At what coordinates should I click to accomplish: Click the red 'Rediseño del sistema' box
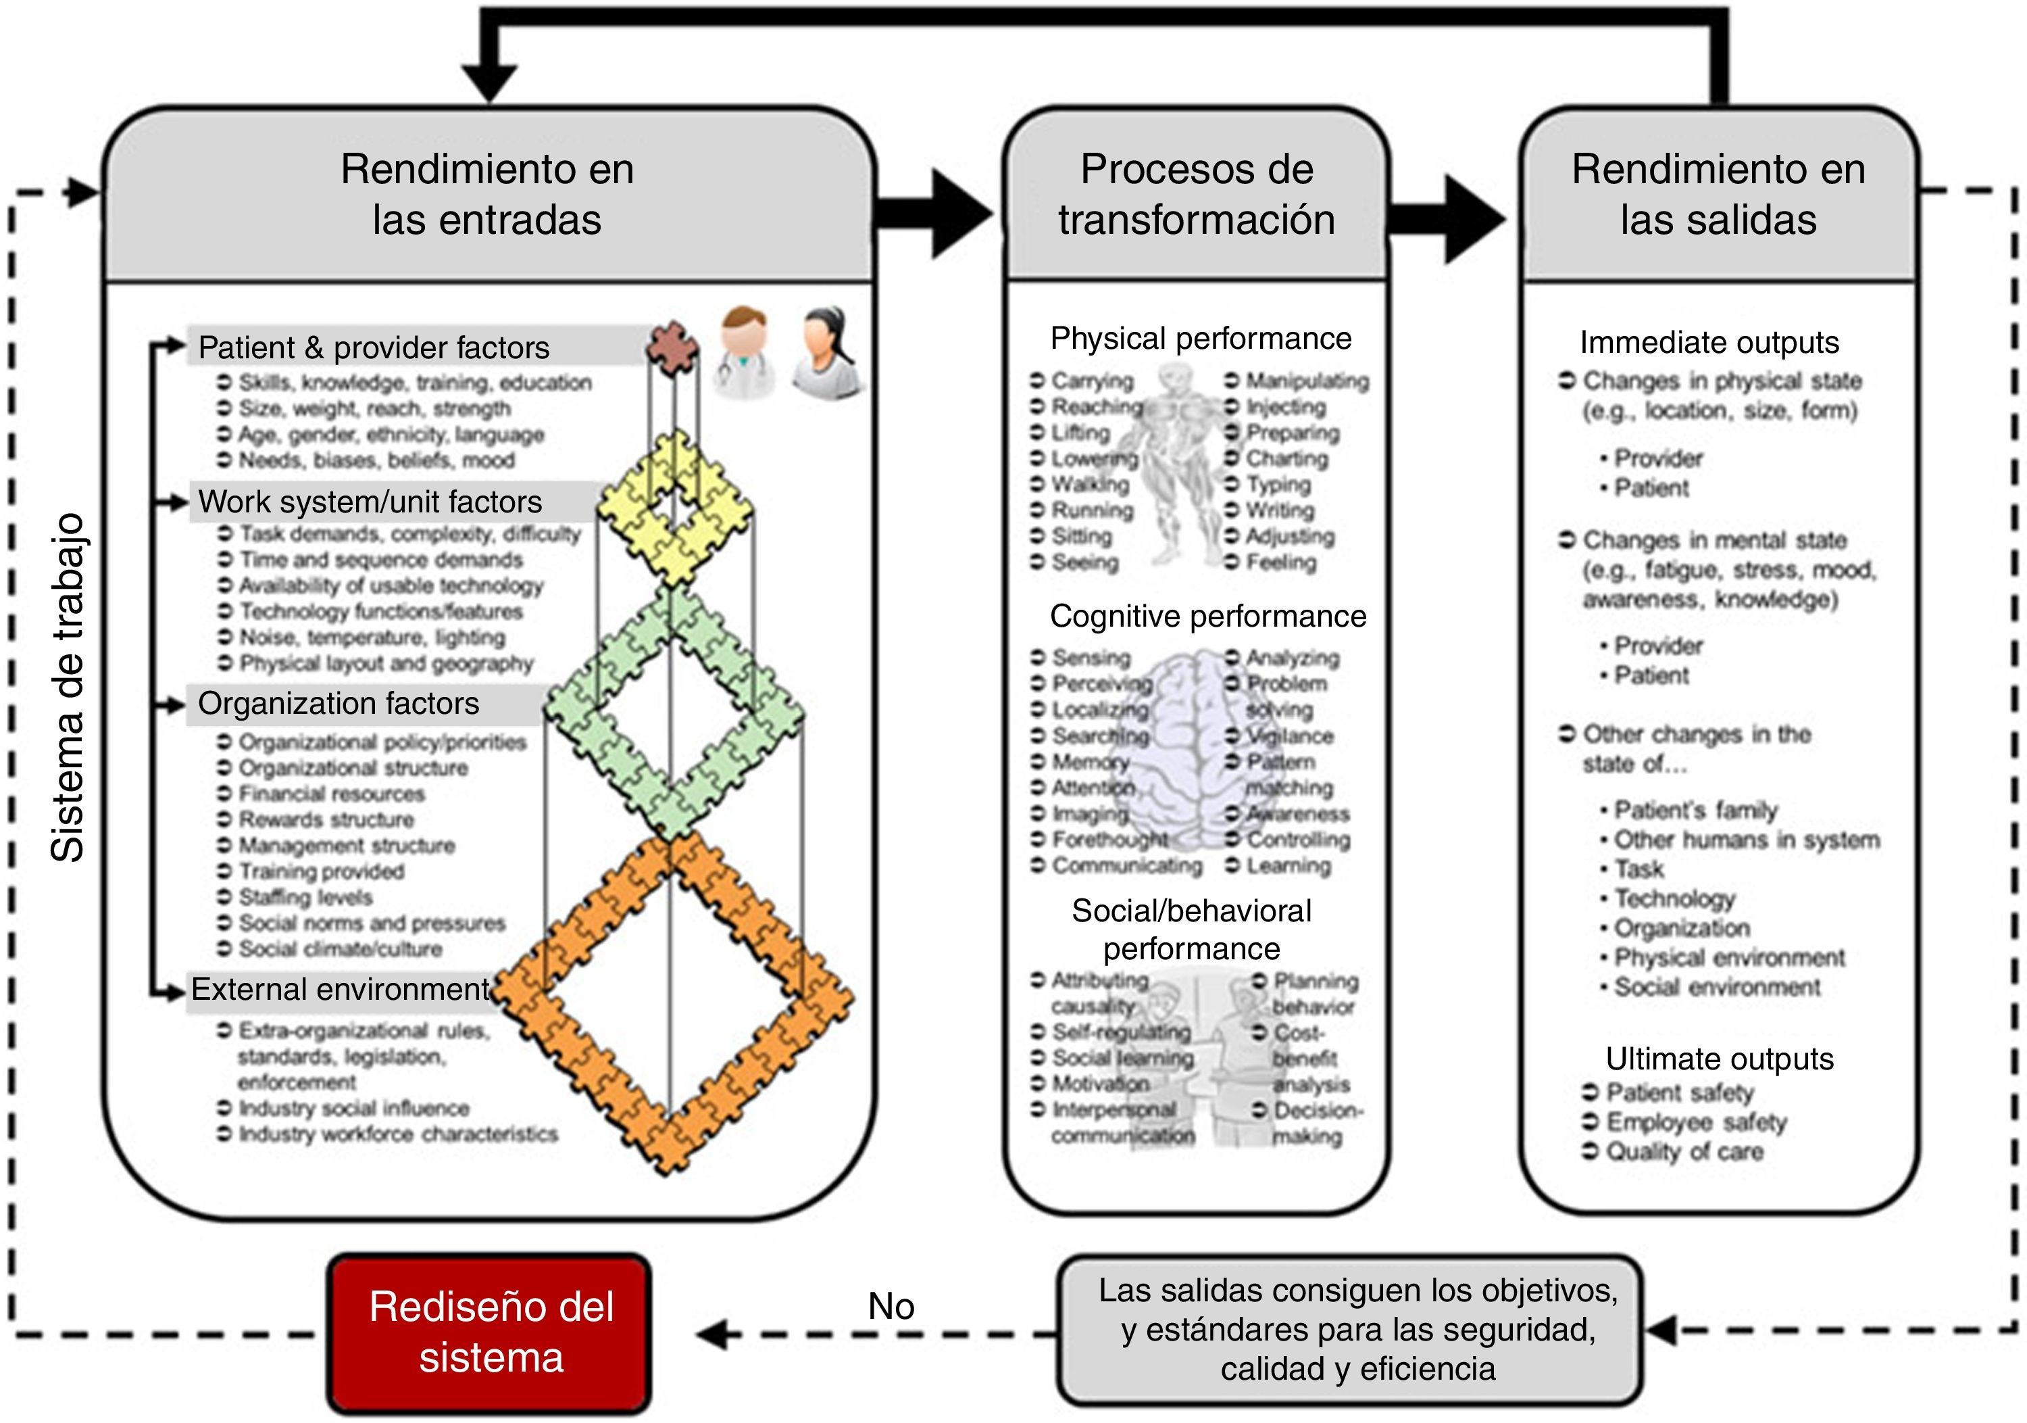coord(490,1332)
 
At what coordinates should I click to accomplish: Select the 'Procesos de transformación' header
coord(1196,194)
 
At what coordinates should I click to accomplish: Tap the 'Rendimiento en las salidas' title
coord(1718,194)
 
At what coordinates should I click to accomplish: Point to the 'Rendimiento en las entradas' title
coord(487,194)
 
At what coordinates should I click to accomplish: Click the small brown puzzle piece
coord(673,345)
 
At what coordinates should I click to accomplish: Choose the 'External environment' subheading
coord(340,989)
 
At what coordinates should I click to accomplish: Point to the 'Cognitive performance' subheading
coord(1207,617)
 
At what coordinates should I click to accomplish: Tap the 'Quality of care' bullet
coord(1684,1152)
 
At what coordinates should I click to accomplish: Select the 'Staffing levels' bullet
coord(305,898)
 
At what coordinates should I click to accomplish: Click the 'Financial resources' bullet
coord(331,794)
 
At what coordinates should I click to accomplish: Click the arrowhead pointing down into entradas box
coord(489,83)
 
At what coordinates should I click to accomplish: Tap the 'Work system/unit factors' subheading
coord(370,502)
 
